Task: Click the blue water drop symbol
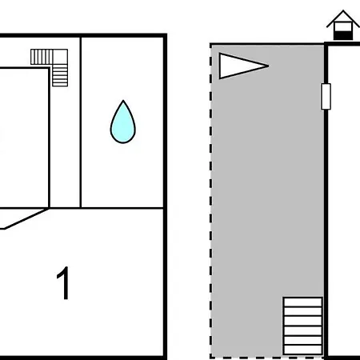123,123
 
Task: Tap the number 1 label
63,283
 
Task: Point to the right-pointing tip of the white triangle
268,66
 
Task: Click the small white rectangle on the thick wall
326,96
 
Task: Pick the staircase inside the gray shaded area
302,326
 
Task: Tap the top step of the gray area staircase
302,302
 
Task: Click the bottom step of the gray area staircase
302,350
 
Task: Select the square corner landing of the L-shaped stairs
60,57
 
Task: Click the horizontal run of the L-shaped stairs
42,57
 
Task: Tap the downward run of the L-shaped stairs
60,75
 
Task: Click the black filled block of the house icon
343,35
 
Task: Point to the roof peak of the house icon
343,10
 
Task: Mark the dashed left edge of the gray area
211,201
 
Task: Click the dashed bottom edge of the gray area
266,357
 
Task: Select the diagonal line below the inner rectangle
26,218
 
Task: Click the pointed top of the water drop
123,101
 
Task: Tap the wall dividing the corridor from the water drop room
81,122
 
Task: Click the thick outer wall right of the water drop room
166,197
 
